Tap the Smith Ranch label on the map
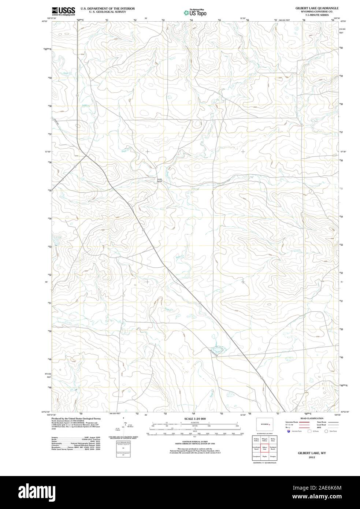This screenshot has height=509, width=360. click(159, 180)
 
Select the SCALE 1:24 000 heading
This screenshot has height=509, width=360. click(195, 419)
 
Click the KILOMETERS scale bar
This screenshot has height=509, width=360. click(195, 424)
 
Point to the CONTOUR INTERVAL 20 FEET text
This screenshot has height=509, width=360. click(195, 443)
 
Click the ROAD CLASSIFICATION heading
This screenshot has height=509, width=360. click(311, 418)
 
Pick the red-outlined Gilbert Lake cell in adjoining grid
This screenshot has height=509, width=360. click(264, 448)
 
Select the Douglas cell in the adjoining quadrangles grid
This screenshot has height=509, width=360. click(273, 457)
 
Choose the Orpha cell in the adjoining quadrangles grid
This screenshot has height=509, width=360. click(264, 457)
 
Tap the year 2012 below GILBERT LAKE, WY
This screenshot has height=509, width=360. click(311, 457)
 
